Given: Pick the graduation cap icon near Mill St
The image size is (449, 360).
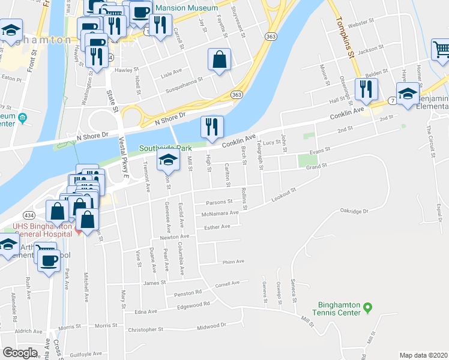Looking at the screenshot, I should click(x=168, y=160).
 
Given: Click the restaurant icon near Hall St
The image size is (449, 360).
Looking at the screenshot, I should click(x=365, y=90).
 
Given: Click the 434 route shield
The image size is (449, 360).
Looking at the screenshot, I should click(x=28, y=214).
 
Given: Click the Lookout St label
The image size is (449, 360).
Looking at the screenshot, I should click(x=283, y=193).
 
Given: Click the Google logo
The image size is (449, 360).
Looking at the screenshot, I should click(x=20, y=353).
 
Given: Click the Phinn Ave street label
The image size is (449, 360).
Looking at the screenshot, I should click(x=234, y=262).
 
